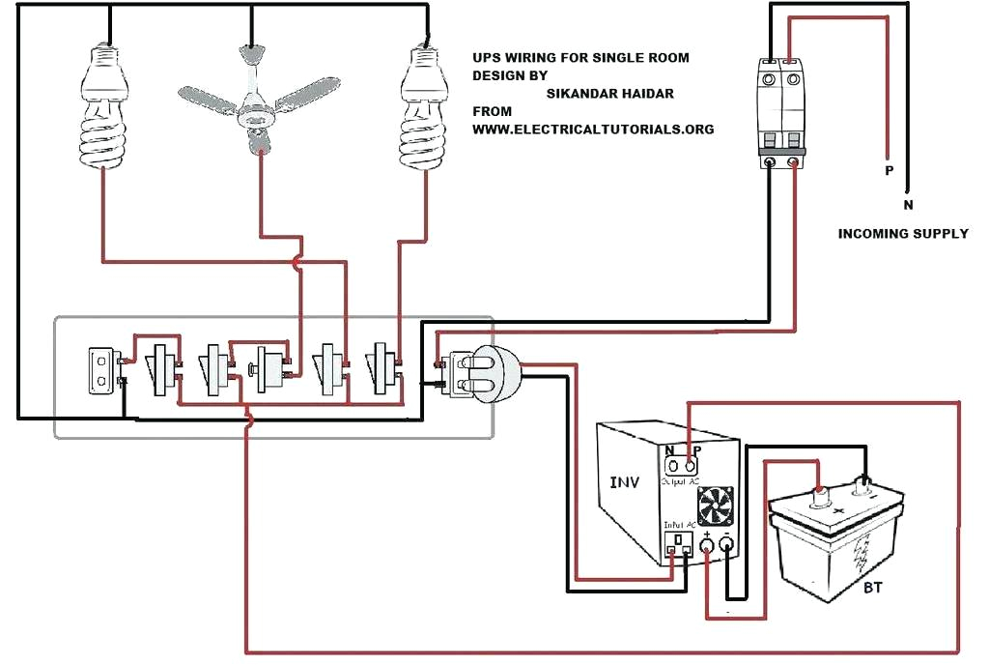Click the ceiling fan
tap(255, 97)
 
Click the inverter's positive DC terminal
tap(707, 548)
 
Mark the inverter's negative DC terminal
tap(727, 548)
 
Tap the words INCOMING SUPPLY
tap(902, 234)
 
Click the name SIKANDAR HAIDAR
tap(609, 94)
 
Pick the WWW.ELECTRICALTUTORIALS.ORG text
tap(593, 129)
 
